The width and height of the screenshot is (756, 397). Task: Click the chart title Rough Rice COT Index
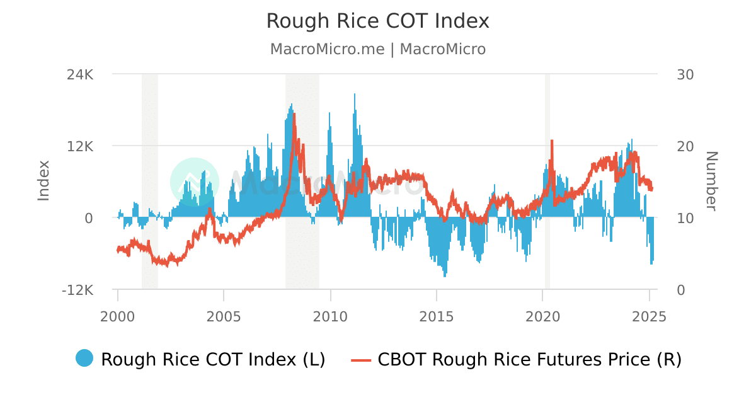[377, 21]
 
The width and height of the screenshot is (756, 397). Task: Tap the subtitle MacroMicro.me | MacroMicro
[377, 49]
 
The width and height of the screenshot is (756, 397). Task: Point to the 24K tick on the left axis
[81, 74]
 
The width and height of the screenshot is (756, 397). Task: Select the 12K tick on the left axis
[81, 146]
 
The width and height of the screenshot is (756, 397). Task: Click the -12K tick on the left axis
[78, 290]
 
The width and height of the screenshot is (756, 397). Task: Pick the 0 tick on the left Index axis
[89, 218]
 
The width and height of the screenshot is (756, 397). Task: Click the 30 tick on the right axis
[685, 74]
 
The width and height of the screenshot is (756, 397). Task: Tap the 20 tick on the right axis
[685, 146]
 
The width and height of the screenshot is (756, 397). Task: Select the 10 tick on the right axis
[685, 218]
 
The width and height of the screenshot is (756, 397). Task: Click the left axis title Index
[43, 181]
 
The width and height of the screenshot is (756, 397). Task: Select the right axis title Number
[711, 181]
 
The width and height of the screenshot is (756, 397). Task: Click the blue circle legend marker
[84, 359]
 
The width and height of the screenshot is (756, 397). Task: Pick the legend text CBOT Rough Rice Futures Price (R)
[529, 359]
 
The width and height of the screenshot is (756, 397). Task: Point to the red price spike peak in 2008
[294, 115]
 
